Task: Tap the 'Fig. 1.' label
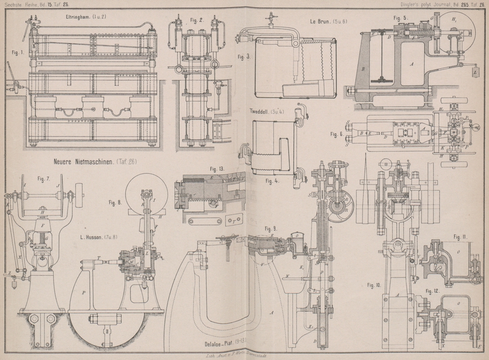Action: click(x=17, y=52)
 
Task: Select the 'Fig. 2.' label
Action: click(x=196, y=20)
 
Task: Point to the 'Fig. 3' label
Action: click(x=244, y=57)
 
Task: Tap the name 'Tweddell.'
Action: click(x=263, y=112)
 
